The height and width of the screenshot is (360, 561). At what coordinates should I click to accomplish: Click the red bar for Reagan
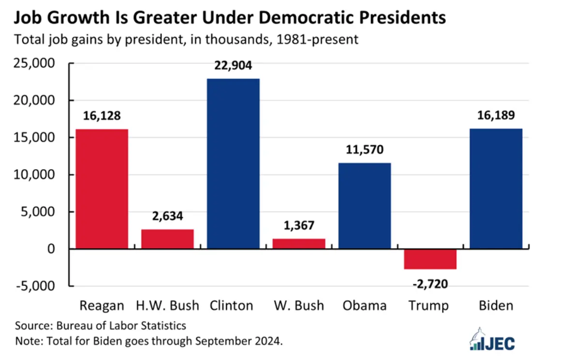102,188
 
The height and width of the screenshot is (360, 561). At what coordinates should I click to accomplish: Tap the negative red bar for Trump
430,259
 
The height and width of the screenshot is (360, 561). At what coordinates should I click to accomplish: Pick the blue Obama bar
365,205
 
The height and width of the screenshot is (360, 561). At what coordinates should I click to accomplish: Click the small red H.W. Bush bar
167,239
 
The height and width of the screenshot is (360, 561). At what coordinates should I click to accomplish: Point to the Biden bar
496,188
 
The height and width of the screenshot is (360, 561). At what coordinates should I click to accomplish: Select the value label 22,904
233,66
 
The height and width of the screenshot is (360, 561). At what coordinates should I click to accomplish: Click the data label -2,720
430,284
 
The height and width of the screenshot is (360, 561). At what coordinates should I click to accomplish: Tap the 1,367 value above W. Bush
298,225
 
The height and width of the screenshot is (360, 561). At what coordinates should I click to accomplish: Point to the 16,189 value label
496,116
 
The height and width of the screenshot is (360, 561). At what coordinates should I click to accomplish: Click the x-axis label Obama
365,306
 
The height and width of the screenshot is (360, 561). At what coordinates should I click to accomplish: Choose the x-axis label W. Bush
298,306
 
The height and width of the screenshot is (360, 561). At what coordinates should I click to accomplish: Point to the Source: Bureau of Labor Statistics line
101,325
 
